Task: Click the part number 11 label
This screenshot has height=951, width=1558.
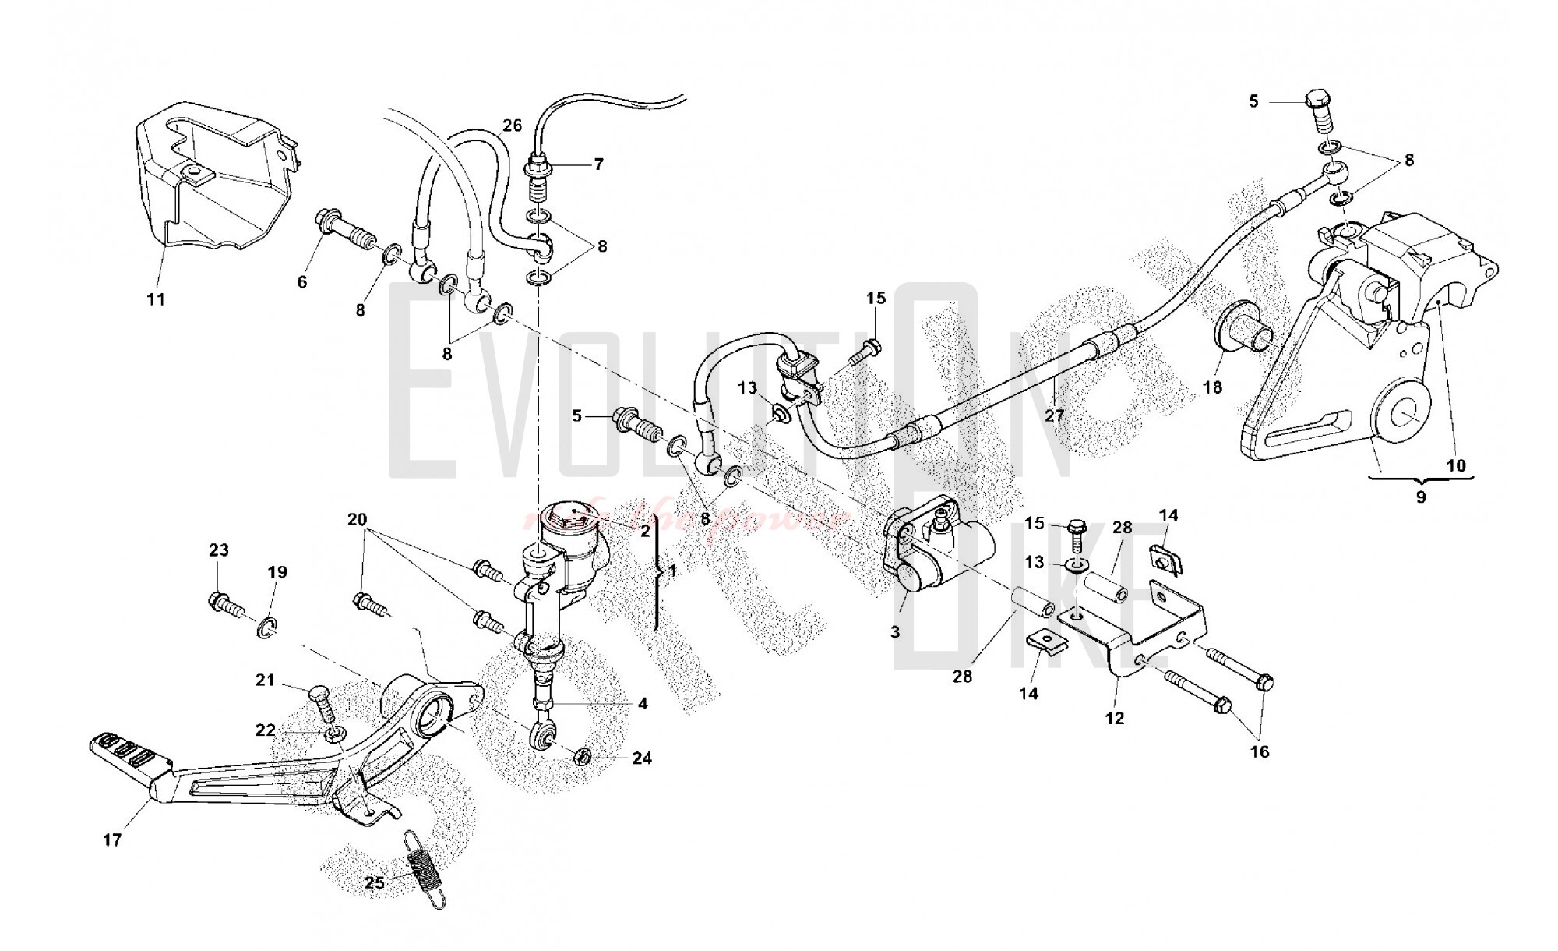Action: pos(157,299)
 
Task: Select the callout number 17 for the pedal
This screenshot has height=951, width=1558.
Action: pos(112,840)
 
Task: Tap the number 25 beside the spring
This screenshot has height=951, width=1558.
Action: pos(375,883)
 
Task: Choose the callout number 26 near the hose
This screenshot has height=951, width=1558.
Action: pos(512,125)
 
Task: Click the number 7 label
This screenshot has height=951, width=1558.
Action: pos(598,164)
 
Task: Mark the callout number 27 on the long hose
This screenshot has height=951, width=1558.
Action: pos(1054,415)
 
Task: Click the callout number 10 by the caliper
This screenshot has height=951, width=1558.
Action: pos(1456,465)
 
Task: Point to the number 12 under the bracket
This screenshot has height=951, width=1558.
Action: pos(1115,719)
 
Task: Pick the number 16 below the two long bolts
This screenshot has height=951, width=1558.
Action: pos(1260,751)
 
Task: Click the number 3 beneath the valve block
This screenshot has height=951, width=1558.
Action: pos(895,632)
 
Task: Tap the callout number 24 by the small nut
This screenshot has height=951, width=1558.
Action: pos(642,758)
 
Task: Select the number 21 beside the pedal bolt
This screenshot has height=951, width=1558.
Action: pos(266,681)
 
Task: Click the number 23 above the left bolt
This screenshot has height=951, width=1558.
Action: pos(219,550)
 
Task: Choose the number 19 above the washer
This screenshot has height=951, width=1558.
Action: pos(277,572)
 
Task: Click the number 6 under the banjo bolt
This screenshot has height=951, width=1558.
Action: pos(302,281)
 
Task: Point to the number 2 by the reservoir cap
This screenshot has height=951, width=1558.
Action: pos(645,532)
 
